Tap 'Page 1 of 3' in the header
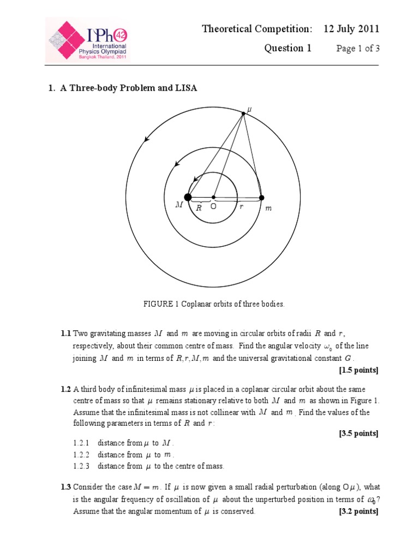357,49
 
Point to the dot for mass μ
243,113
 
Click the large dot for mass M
188,197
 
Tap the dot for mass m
261,197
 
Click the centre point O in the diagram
213,197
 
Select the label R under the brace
199,207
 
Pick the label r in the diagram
241,207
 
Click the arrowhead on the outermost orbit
146,140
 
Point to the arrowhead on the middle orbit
176,163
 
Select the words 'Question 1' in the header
288,49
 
